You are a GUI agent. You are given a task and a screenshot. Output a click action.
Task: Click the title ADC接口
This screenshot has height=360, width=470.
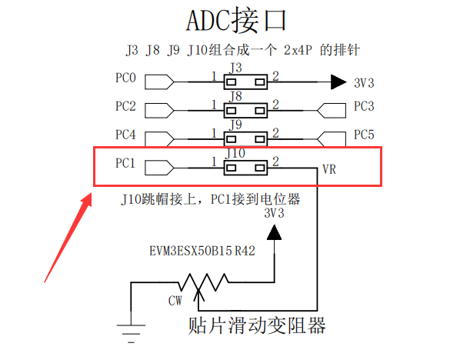235,21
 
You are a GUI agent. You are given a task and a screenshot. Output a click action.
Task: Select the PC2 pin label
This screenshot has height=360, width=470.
125,106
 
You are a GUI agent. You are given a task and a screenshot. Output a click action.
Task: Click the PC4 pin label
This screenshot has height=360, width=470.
125,135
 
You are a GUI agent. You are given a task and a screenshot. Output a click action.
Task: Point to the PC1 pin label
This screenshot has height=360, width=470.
125,163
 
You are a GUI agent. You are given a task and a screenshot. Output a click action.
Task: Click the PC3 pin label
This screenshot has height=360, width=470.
364,106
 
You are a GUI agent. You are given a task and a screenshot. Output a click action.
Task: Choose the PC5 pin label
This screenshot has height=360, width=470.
364,135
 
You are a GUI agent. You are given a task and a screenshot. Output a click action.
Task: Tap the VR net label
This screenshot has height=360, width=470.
329,169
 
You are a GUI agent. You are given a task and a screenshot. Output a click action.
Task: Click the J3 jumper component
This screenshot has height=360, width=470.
245,80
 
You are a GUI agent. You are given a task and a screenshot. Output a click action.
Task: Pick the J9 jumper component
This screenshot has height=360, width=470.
245,137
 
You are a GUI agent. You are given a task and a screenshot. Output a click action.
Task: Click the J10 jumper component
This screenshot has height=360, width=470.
245,165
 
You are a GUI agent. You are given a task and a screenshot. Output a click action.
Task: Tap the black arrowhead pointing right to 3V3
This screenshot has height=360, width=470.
338,80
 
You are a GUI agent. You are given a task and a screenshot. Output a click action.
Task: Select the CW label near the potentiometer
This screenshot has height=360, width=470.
175,301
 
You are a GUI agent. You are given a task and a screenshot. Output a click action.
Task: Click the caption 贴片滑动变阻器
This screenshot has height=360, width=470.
257,325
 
